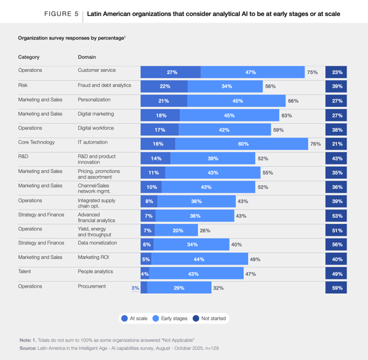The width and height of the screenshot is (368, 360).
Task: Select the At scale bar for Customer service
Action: tap(170, 72)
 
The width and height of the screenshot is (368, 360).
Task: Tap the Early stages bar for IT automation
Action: tap(241, 144)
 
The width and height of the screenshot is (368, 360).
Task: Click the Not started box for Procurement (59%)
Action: tap(337, 288)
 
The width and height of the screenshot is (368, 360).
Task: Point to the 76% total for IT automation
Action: tap(316, 144)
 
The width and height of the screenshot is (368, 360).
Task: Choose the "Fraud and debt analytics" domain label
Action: tap(104, 85)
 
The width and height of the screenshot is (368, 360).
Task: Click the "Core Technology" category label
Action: tap(36, 142)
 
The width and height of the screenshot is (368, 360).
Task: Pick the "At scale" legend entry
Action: tap(136, 318)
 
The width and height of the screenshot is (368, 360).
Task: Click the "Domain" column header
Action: tap(87, 57)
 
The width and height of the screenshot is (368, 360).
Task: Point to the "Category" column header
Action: tap(29, 57)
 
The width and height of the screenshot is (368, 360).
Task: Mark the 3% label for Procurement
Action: tap(135, 287)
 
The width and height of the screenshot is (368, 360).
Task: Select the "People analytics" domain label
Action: tap(95, 272)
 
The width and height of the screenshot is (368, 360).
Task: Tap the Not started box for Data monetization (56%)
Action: tap(337, 245)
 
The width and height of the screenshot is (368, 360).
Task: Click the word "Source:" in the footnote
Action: tap(28, 348)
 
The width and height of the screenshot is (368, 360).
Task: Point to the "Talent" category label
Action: tap(25, 272)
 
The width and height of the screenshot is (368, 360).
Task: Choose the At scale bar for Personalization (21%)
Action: tap(164, 101)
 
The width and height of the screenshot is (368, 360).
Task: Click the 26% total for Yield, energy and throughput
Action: tap(205, 230)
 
